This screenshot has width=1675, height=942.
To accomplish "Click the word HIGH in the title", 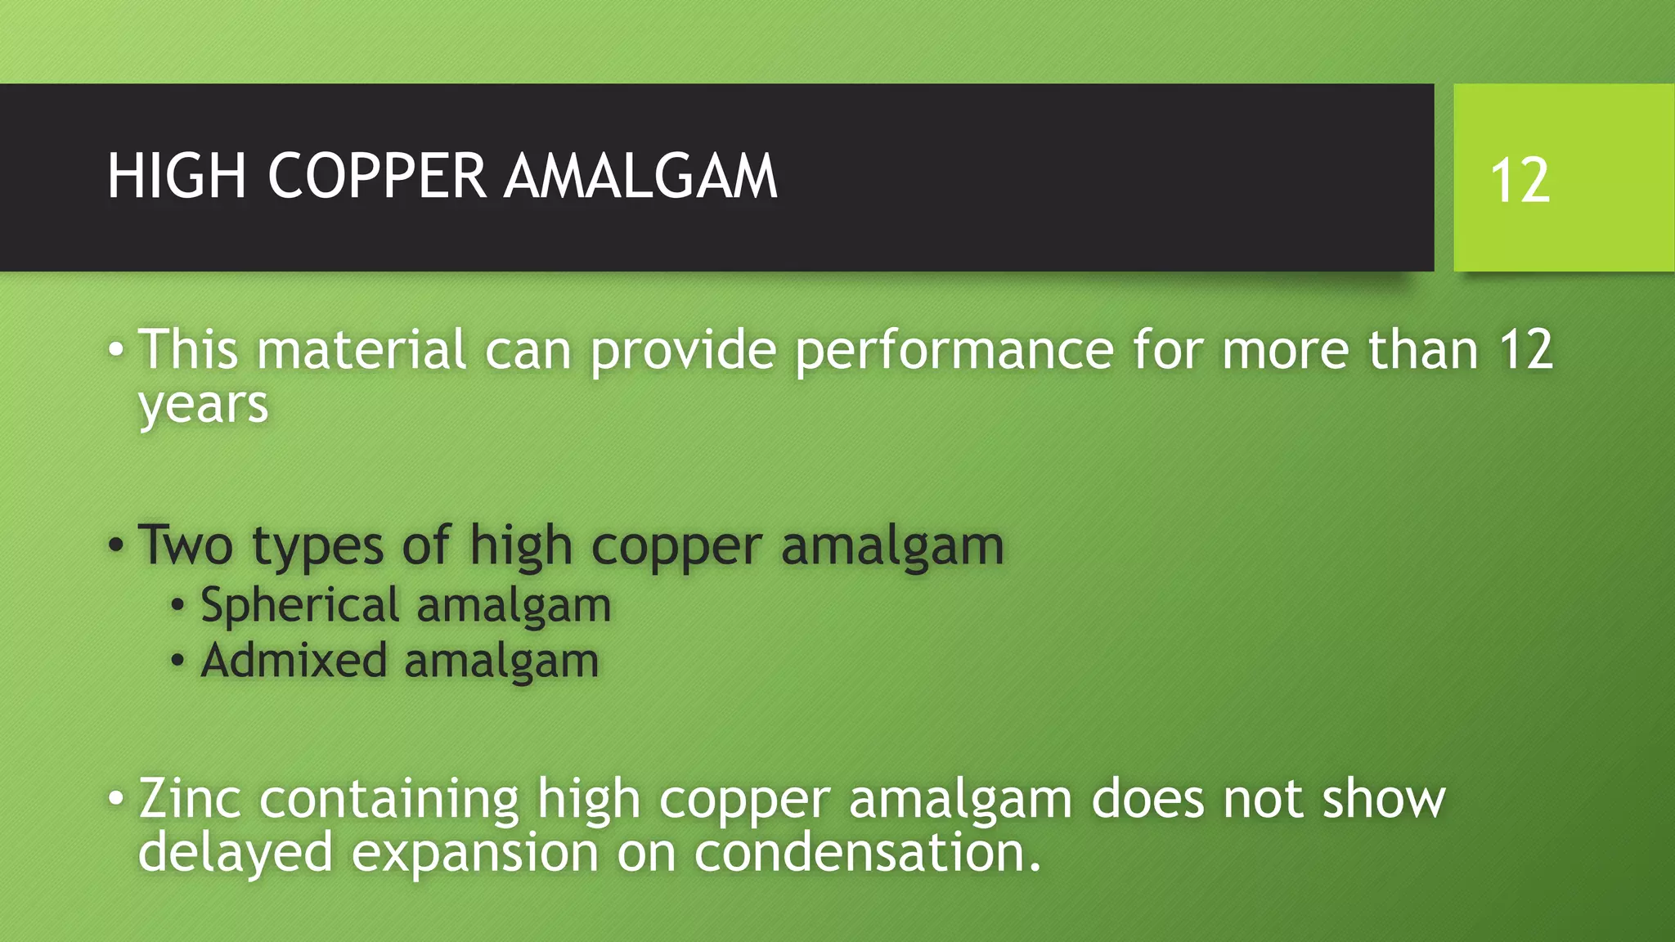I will tap(177, 177).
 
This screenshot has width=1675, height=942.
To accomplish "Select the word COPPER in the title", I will tap(377, 177).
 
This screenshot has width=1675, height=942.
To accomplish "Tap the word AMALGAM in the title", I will tap(640, 177).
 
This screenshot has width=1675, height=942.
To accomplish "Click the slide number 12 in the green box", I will tap(1520, 181).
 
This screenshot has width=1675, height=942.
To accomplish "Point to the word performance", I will tap(954, 350).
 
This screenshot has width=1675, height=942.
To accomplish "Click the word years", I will tap(203, 405).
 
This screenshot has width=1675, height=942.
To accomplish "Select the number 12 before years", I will tap(1525, 350).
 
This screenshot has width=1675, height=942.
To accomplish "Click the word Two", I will tap(186, 545).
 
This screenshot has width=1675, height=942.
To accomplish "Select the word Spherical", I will tap(299, 606).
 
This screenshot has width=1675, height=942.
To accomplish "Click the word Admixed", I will tap(294, 661).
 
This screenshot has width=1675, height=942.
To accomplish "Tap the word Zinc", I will tap(190, 799).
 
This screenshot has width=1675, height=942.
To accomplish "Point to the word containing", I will tap(388, 799).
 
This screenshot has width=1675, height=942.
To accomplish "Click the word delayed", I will tap(235, 854).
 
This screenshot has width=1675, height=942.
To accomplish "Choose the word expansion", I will tap(475, 854).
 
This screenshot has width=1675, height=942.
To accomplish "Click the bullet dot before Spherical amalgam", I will tap(178, 607).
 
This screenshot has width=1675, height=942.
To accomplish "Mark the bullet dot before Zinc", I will tap(116, 797).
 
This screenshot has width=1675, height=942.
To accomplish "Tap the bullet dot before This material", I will tap(116, 350).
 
